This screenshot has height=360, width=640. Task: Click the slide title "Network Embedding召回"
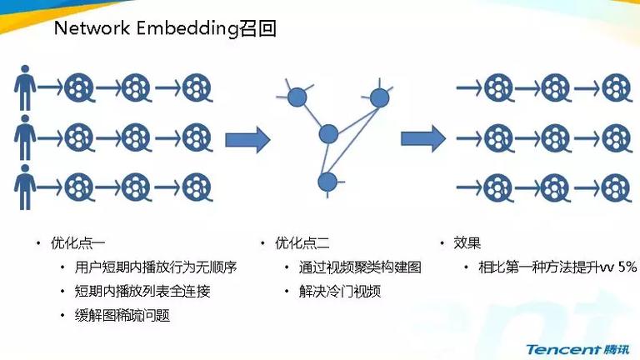click(x=165, y=28)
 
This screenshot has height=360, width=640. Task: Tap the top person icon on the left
click(x=25, y=87)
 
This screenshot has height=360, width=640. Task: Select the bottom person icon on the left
click(x=25, y=187)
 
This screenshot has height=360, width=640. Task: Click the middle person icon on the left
click(x=25, y=137)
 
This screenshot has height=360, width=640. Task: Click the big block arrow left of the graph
click(x=247, y=140)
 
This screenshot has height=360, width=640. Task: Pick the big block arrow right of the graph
click(x=423, y=139)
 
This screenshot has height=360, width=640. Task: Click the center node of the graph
click(x=328, y=134)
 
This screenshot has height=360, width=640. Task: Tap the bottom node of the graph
click(x=327, y=182)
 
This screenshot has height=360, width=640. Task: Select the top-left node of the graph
click(x=297, y=97)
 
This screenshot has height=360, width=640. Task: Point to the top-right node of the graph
click(x=380, y=97)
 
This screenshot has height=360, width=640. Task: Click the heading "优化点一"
click(x=78, y=243)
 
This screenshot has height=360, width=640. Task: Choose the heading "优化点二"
click(x=302, y=243)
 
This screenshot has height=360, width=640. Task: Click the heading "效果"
click(x=467, y=243)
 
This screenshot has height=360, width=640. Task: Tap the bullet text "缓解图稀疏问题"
click(x=122, y=316)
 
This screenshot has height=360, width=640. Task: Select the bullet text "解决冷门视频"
click(x=340, y=292)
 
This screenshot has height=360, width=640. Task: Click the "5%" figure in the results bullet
click(x=627, y=267)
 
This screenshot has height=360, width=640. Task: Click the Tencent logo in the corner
click(x=577, y=350)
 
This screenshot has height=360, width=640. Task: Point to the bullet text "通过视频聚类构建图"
click(x=360, y=267)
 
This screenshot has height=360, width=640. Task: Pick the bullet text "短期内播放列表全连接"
click(x=142, y=292)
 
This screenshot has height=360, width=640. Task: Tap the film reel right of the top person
click(x=80, y=87)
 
